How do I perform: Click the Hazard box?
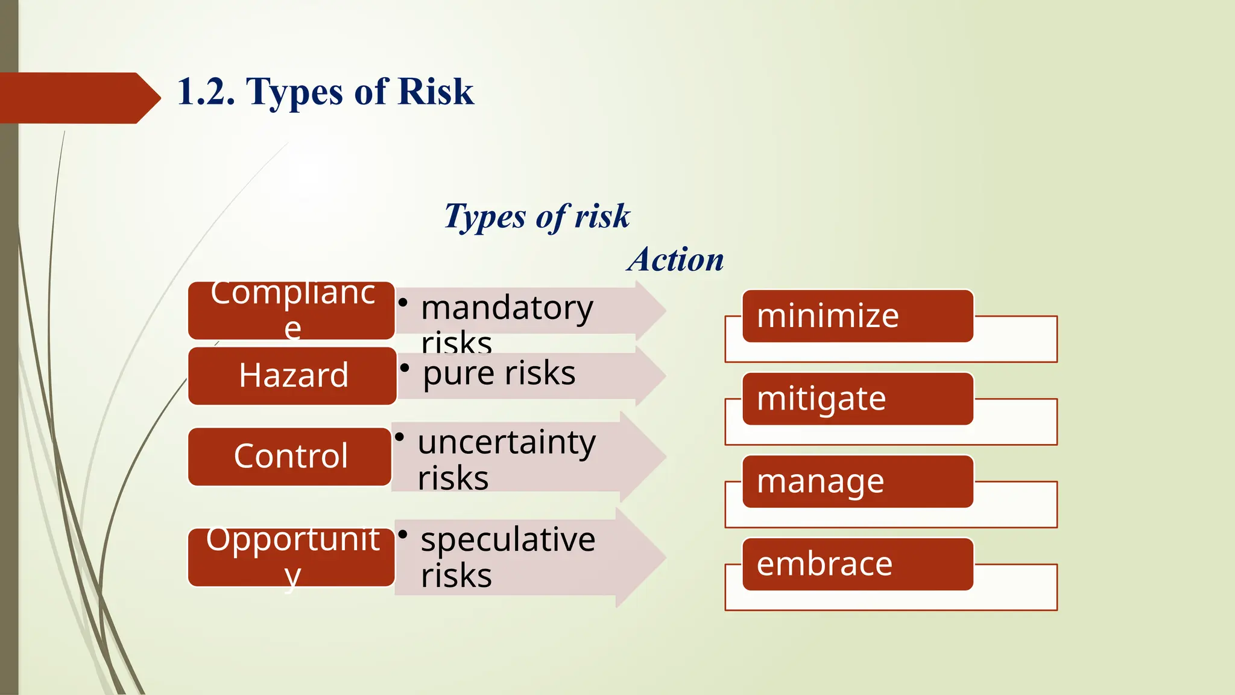tap(292, 375)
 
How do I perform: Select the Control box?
tap(290, 456)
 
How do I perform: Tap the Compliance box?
tap(292, 310)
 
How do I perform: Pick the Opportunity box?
tap(292, 557)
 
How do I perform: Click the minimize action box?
tap(858, 316)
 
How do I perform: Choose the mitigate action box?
tap(858, 399)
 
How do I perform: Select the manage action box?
tap(858, 481)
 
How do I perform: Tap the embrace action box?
tap(858, 564)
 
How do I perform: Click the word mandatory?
tap(507, 308)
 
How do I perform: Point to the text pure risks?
tap(499, 373)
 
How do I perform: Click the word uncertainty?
tap(507, 442)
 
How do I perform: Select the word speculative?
tap(508, 539)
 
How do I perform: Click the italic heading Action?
tap(676, 260)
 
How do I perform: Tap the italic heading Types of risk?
tap(537, 216)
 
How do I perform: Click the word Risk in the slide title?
tap(436, 92)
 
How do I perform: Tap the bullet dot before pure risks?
tap(405, 367)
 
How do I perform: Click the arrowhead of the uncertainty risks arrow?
tap(643, 457)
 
